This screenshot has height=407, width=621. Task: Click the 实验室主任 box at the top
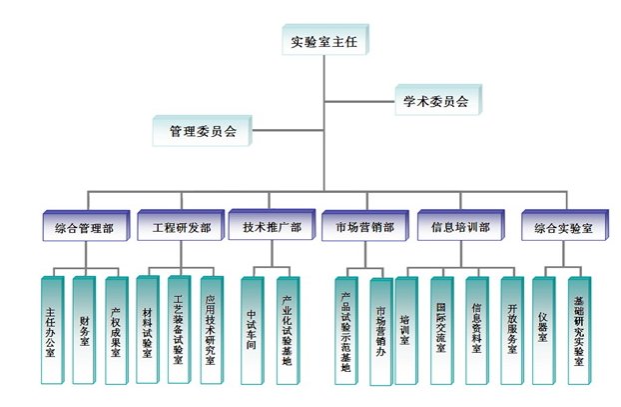[x=325, y=42]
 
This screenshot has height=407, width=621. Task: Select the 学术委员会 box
[x=435, y=99]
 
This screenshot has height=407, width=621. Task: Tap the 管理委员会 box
[x=203, y=130]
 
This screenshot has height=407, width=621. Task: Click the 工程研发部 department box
[x=181, y=227]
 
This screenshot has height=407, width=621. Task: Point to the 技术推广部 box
[x=272, y=227]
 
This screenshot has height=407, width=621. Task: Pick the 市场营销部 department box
[x=363, y=227]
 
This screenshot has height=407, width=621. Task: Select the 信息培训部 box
[x=459, y=227]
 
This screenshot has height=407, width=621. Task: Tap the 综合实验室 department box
[x=556, y=227]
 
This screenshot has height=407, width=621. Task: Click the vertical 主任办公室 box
[x=51, y=329]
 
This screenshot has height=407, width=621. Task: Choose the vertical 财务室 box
[x=84, y=329]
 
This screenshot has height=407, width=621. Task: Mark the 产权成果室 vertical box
[x=116, y=329]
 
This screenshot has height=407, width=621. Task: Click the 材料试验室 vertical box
[x=148, y=329]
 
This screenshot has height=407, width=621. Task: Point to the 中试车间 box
[x=252, y=329]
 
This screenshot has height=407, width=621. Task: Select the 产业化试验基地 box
[x=287, y=329]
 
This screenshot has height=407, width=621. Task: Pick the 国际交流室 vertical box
[x=441, y=329]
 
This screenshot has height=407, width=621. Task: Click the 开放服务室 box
[x=511, y=329]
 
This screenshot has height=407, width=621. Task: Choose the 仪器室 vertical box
[x=542, y=329]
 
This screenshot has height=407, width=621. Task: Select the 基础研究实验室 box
[x=579, y=329]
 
